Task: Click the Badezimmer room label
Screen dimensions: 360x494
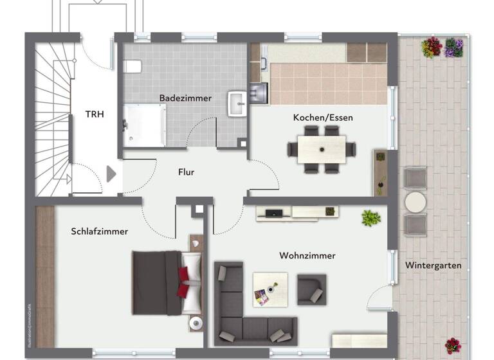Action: [185, 98]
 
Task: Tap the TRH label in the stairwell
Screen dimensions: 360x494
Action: [95, 114]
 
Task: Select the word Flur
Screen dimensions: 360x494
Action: [187, 172]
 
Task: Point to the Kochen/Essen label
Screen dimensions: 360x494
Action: [323, 118]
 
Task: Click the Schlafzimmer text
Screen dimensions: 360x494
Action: [100, 231]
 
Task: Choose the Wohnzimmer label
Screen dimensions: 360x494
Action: [307, 255]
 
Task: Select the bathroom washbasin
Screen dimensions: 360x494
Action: [238, 103]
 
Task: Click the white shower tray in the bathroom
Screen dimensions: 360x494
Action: [145, 125]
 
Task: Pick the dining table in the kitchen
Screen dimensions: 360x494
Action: [322, 149]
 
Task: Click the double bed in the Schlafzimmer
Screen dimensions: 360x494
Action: [166, 282]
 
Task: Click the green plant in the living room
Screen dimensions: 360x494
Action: [370, 218]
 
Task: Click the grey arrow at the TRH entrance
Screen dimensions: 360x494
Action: [111, 174]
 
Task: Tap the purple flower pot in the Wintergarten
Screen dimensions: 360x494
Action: [454, 48]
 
